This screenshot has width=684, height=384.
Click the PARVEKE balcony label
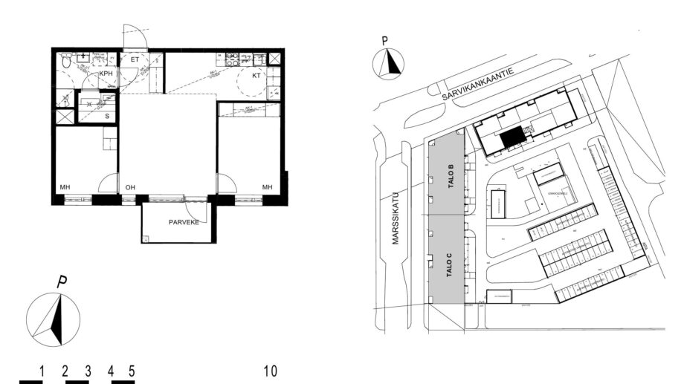tap(183, 221)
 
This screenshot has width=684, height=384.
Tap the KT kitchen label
tap(256, 75)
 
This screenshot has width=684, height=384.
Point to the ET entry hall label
tap(135, 59)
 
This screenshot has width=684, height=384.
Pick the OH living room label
tap(130, 187)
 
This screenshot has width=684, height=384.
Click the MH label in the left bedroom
tap(65, 187)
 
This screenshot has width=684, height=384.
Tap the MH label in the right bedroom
tap(266, 187)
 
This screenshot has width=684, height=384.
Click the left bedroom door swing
tap(109, 183)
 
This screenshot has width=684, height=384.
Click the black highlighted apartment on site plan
tap(512, 137)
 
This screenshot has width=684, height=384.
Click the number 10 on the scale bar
tap(270, 370)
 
